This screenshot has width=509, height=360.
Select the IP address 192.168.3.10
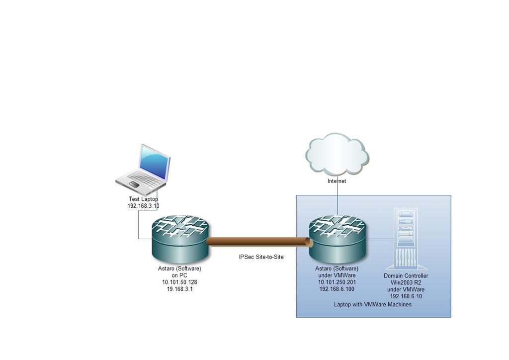(143, 206)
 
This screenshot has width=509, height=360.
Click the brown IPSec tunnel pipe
(258, 242)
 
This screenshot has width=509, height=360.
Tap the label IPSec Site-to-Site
(261, 257)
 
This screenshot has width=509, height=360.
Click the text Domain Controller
(406, 276)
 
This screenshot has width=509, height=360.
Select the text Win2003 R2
(406, 282)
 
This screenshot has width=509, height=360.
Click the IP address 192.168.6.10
(406, 296)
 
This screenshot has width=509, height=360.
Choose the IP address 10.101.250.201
(337, 282)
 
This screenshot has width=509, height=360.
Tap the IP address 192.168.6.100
(337, 289)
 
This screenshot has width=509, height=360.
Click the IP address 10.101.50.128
(179, 282)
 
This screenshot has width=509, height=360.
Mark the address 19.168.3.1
(179, 289)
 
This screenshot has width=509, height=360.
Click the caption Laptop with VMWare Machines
(373, 304)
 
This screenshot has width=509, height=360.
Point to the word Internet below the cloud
(337, 181)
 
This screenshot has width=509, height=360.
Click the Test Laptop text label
(143, 199)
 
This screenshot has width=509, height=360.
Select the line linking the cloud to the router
(337, 199)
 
